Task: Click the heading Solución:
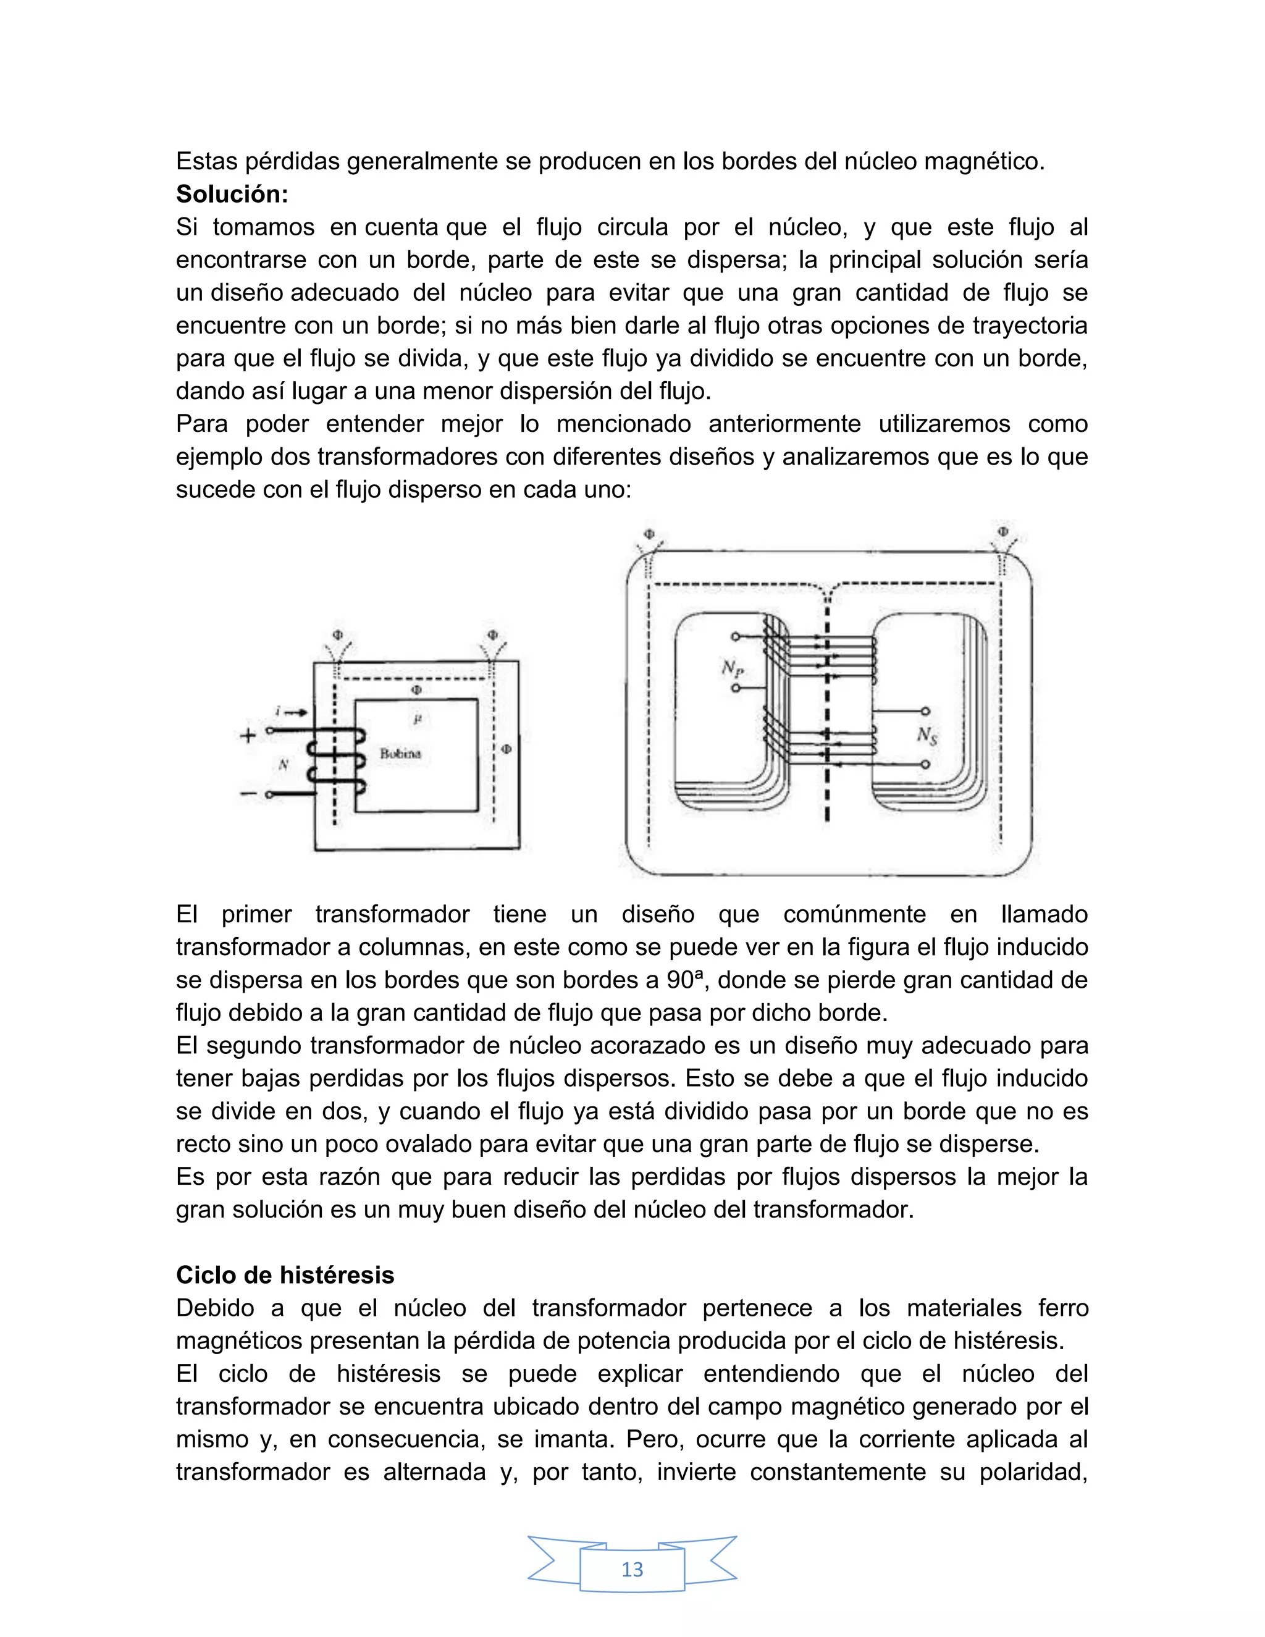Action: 232,194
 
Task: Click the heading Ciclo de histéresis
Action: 285,1275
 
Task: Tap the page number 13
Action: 632,1569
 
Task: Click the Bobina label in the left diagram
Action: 400,754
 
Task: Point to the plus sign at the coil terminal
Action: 247,735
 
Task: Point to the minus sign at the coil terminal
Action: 247,793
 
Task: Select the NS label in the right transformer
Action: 927,736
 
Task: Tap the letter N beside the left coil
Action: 284,765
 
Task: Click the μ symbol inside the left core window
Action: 418,719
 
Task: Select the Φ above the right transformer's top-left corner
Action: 649,534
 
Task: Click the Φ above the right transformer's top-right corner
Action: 1002,531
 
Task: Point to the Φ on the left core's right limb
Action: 506,749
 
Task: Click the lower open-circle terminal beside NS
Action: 925,765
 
